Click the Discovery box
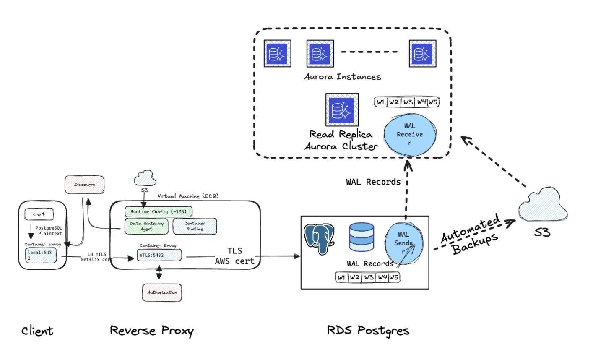coord(84,185)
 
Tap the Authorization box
coord(162,292)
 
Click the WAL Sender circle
coord(403,243)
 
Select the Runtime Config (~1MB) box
coord(159,212)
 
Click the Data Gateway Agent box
coord(146,226)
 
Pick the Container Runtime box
coord(195,226)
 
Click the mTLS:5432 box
coord(160,255)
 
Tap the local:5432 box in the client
coord(41,255)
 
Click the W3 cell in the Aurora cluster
coord(408,102)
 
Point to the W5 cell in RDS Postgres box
coord(394,277)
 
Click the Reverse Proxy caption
coord(152,331)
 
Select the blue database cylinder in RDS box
coord(361,238)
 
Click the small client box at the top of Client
coord(39,214)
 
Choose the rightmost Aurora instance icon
coord(422,54)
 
